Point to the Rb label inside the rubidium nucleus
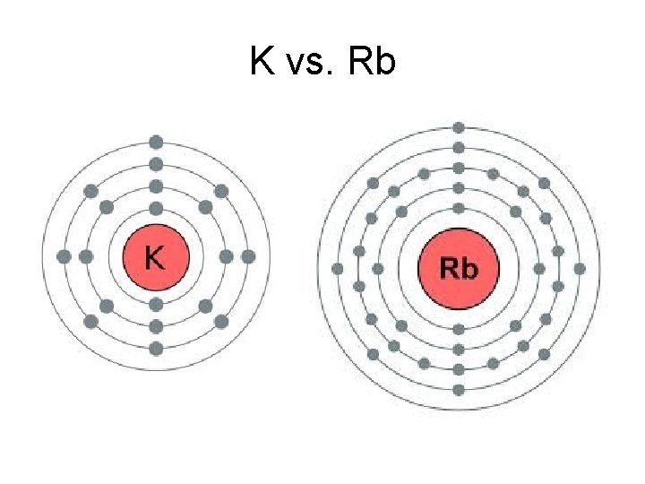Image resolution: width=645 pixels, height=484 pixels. pyautogui.click(x=458, y=268)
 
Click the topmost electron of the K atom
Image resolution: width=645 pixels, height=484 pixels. pyautogui.click(x=156, y=142)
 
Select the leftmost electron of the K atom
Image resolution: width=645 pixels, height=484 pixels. pyautogui.click(x=64, y=256)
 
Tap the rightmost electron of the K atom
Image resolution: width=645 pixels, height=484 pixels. pyautogui.click(x=248, y=256)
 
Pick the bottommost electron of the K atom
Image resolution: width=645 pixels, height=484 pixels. pyautogui.click(x=156, y=348)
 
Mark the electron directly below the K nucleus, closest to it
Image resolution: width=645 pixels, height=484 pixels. pyautogui.click(x=156, y=304)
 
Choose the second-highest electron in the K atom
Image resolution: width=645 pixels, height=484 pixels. pyautogui.click(x=156, y=164)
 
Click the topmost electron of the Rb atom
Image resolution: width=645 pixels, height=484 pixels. pyautogui.click(x=459, y=128)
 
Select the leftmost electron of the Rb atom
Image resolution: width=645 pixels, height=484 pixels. pyautogui.click(x=338, y=268)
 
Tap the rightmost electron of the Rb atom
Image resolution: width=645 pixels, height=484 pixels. pyautogui.click(x=580, y=268)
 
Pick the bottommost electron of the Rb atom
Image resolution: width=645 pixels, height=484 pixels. pyautogui.click(x=459, y=390)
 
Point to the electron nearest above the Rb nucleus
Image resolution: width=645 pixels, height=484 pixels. pyautogui.click(x=459, y=208)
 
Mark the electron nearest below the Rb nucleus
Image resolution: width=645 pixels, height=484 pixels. pyautogui.click(x=459, y=329)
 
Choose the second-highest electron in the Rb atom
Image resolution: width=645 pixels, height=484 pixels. pyautogui.click(x=459, y=148)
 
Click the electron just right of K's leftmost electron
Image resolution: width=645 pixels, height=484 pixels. pyautogui.click(x=86, y=256)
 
